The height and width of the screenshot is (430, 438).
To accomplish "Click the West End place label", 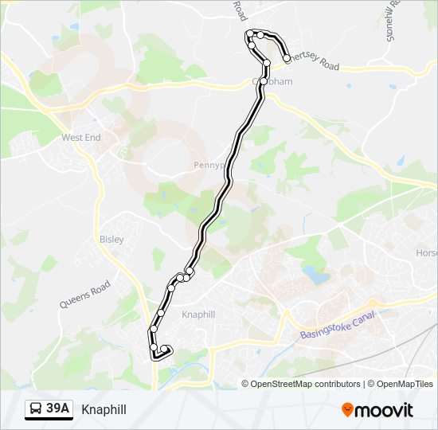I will [81, 138].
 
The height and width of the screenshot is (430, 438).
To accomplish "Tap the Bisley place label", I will [111, 239].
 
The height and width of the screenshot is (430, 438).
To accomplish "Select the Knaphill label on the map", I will [198, 315].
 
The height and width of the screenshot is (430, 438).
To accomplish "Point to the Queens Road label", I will [84, 295].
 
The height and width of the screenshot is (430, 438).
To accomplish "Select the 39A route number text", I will [58, 409].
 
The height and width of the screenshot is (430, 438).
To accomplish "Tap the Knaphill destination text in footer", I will [104, 409].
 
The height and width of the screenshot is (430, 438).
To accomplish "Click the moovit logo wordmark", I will [385, 410].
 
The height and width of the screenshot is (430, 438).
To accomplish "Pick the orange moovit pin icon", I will [348, 410].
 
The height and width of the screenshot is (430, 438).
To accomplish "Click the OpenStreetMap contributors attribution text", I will [306, 384].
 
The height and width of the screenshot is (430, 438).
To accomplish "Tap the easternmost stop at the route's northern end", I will [287, 58].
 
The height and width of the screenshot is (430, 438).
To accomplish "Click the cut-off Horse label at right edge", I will [426, 252].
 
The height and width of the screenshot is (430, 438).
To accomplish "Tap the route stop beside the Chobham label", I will [264, 81].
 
